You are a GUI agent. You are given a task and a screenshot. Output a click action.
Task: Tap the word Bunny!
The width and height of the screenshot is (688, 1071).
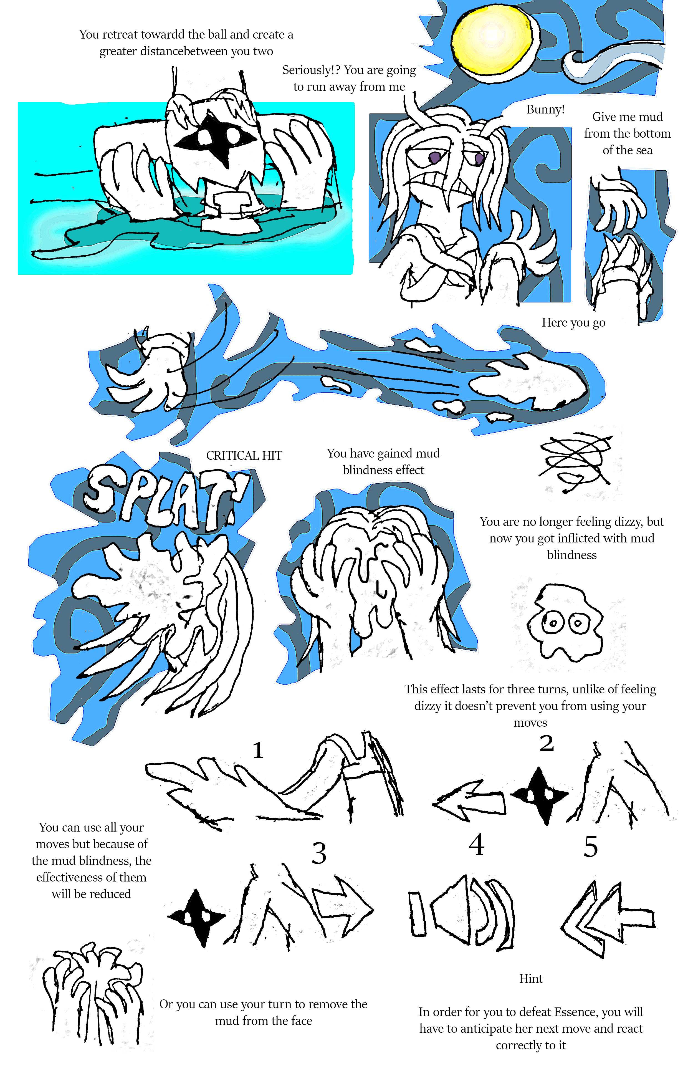point(545,110)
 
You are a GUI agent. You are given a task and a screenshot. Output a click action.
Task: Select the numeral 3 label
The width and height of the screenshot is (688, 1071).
point(319,853)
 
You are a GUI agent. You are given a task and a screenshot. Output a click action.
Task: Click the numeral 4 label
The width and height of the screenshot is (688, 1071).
point(477,845)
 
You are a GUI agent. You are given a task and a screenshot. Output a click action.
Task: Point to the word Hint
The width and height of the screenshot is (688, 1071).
point(531,979)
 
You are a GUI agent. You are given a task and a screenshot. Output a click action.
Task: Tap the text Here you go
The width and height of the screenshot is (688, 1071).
point(574,323)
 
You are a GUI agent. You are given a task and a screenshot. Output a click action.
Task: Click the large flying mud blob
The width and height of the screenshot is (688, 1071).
point(529,380)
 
